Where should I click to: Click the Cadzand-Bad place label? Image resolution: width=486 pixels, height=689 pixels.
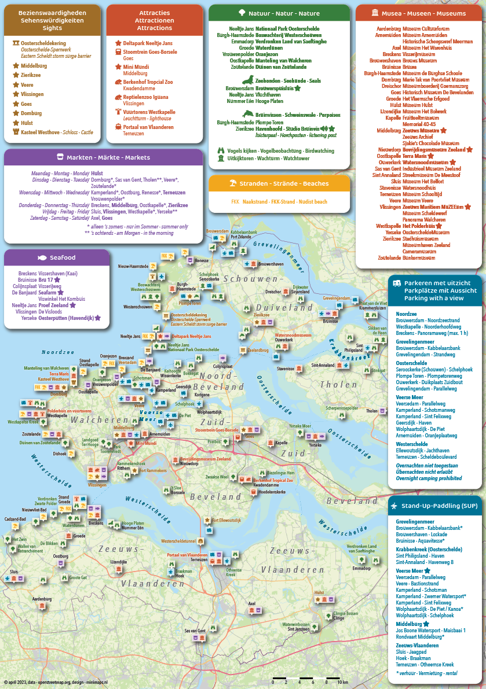[x=15, y=519]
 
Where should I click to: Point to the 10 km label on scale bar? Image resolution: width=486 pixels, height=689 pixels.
[x=342, y=683]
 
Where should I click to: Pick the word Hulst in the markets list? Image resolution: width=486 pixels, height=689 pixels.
[x=97, y=173]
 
